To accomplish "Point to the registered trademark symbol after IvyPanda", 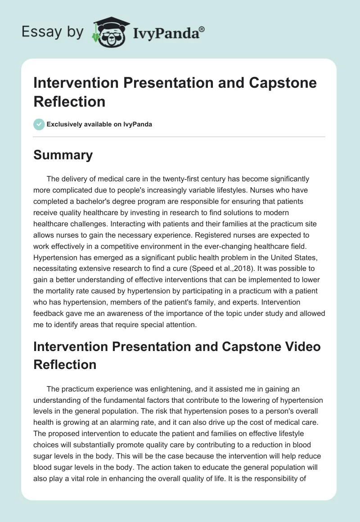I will click(202, 29).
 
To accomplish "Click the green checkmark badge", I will click(39, 124).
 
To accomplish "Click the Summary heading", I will click(63, 155).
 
